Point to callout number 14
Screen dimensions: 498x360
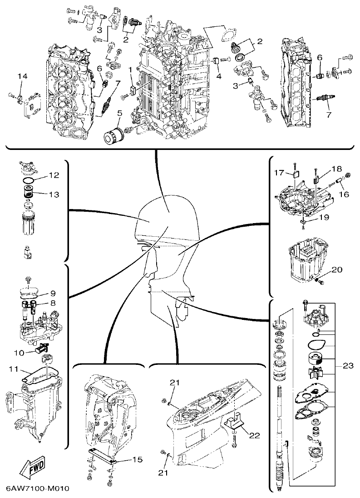(x=23, y=76)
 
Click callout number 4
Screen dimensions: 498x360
(x=218, y=76)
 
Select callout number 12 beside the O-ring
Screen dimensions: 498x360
(x=54, y=174)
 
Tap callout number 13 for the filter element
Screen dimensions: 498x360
(x=54, y=194)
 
